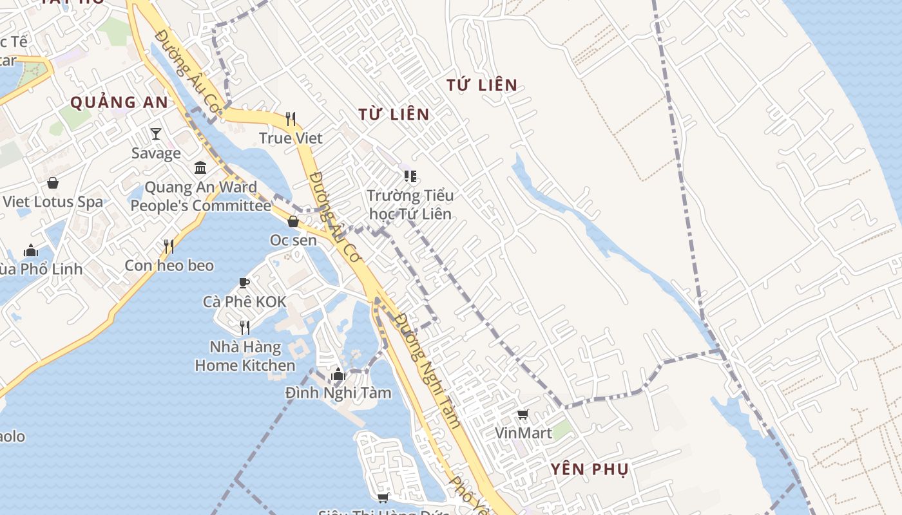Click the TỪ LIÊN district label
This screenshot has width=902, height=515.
394,115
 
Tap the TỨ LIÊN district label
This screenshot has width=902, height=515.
482,85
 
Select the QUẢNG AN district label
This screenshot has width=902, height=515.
119,102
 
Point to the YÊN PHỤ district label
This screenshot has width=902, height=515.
590,469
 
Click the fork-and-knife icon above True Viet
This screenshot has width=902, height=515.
291,119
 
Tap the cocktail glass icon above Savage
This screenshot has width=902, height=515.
156,134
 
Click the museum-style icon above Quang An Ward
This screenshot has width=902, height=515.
200,168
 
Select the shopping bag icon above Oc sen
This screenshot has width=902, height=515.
293,221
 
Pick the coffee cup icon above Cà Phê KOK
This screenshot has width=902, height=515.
244,283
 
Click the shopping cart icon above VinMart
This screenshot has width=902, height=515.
523,415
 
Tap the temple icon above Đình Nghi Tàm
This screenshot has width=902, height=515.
338,374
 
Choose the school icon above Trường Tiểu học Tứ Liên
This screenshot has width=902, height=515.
410,176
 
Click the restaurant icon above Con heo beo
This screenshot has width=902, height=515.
169,247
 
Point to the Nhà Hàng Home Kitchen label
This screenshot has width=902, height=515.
245,356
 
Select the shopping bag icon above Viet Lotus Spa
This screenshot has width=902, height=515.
53,183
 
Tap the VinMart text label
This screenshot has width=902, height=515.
523,433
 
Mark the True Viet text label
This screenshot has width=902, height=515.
291,138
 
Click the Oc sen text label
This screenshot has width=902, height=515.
293,240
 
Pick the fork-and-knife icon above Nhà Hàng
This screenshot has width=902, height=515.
245,328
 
